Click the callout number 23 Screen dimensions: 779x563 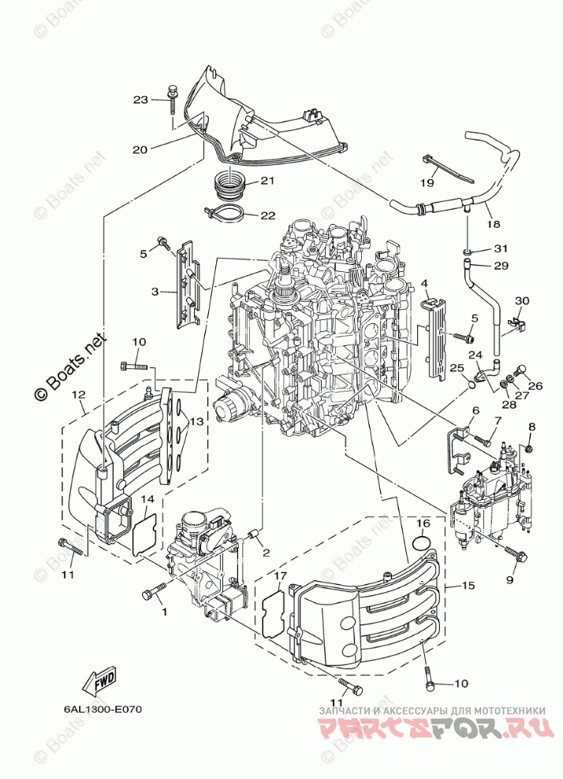140,100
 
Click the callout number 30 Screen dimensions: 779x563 521,301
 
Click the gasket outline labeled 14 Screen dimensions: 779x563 144,532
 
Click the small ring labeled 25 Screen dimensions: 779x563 469,384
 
